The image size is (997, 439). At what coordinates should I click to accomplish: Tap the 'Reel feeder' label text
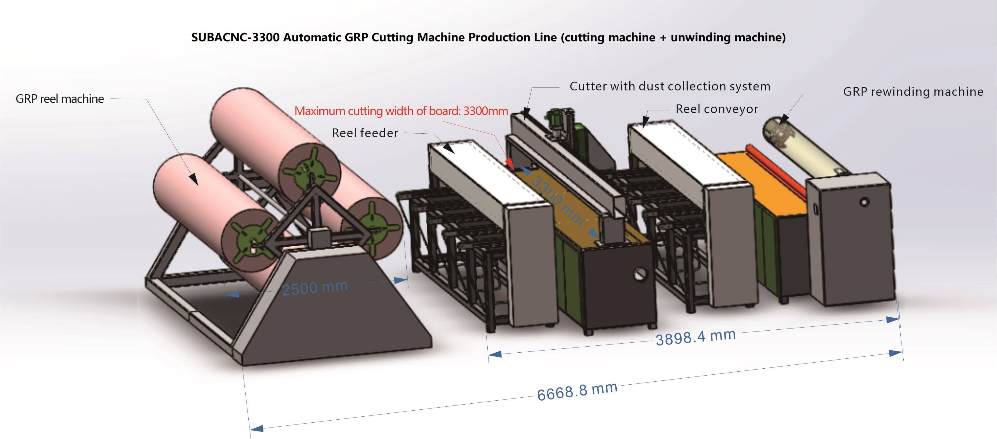pyautogui.click(x=365, y=133)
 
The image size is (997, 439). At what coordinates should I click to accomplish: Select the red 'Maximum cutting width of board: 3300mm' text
pyautogui.click(x=401, y=111)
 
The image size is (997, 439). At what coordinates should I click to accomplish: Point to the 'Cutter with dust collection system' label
pyautogui.click(x=670, y=86)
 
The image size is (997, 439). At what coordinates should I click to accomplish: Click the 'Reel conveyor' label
pyautogui.click(x=716, y=109)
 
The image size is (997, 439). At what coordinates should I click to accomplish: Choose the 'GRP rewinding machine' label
pyautogui.click(x=913, y=92)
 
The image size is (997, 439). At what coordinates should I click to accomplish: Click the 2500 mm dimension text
pyautogui.click(x=314, y=288)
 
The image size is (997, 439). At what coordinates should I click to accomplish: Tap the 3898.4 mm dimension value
pyautogui.click(x=695, y=337)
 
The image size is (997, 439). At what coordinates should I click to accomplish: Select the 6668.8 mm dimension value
pyautogui.click(x=577, y=391)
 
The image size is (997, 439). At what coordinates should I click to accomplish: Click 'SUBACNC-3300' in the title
pyautogui.click(x=235, y=37)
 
